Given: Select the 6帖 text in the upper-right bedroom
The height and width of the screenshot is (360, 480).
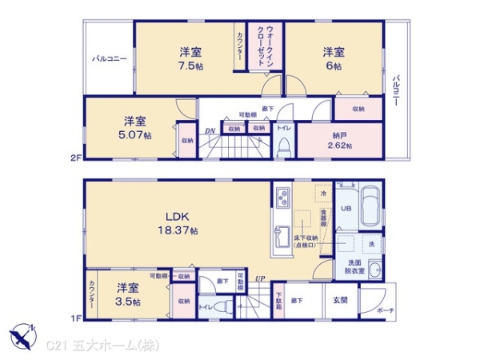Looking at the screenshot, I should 334,66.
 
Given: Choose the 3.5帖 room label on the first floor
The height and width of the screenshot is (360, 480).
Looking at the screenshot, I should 127,302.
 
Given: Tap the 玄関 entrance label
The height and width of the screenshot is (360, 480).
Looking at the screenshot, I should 340,300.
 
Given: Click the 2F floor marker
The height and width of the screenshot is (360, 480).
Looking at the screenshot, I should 75,158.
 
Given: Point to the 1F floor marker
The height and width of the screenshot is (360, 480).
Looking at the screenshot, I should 75,318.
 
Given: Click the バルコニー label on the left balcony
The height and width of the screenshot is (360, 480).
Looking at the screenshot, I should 108,58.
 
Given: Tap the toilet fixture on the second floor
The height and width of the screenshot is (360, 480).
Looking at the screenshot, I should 283,146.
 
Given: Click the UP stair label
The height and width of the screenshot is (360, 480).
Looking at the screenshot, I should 260,279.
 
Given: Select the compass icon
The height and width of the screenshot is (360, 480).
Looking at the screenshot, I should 22,333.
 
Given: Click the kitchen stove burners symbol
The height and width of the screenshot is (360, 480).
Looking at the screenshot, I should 282,197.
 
